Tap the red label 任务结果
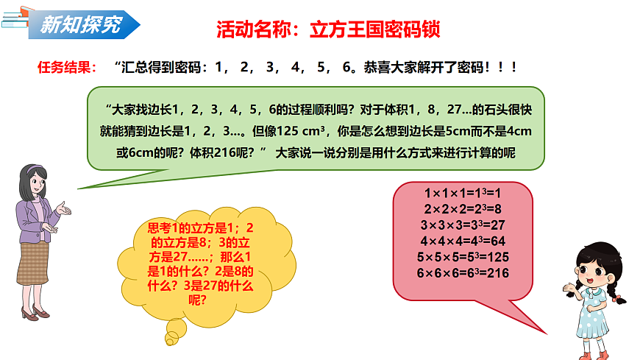click(66, 68)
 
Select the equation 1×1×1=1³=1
click(463, 193)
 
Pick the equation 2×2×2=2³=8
click(463, 208)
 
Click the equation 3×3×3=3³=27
click(463, 225)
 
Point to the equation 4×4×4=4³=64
click(463, 241)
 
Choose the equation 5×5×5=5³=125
click(463, 257)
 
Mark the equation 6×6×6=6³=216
click(463, 273)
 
